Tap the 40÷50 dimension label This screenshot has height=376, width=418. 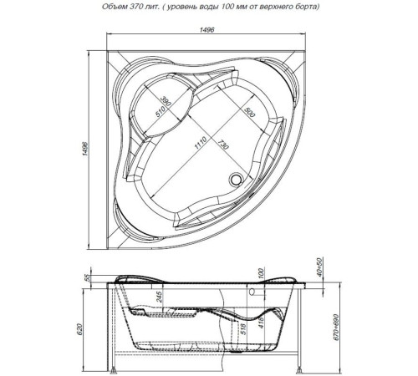[321, 267]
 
